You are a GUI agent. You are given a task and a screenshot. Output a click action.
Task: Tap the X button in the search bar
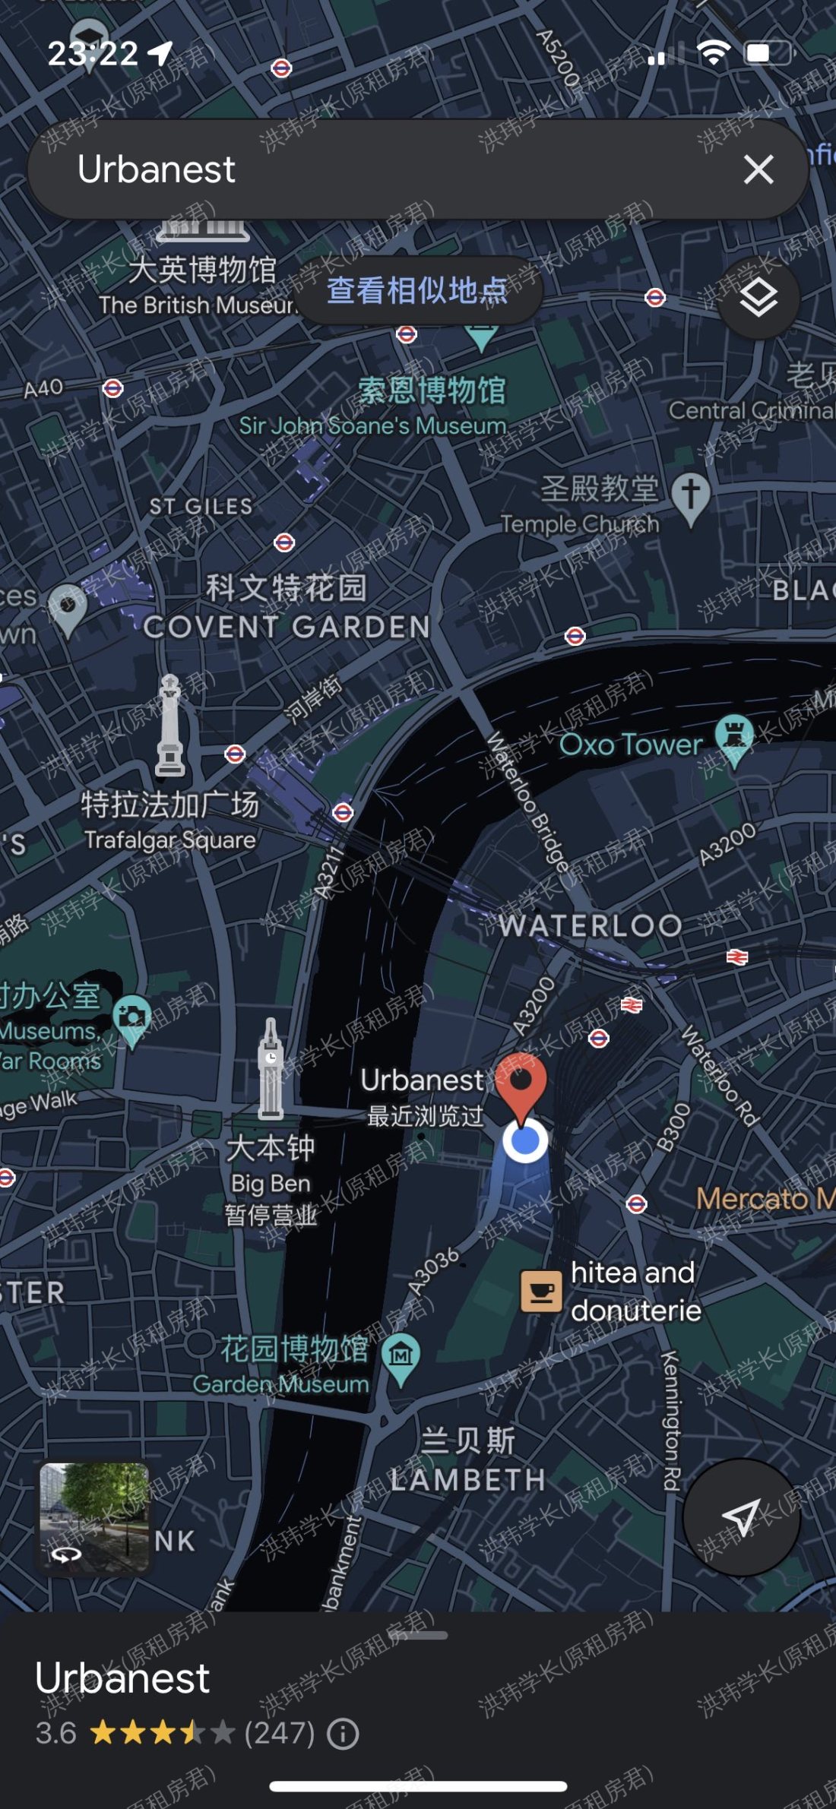[x=758, y=169]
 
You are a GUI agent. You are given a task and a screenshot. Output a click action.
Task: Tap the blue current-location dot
[x=525, y=1140]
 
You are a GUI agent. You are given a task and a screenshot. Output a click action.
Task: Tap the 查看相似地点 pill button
[x=418, y=290]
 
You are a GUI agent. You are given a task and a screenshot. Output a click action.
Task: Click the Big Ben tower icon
[x=271, y=1071]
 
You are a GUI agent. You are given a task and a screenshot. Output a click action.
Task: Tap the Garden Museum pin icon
[x=401, y=1355]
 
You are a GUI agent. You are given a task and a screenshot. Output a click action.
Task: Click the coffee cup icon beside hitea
[x=541, y=1291]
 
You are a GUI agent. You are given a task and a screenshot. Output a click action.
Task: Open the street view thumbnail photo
[x=94, y=1517]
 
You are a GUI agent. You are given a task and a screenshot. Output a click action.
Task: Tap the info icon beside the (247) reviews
[x=343, y=1734]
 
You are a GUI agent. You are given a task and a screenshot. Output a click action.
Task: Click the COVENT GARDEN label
[x=287, y=627]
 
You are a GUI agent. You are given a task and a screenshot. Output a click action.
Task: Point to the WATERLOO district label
[x=591, y=925]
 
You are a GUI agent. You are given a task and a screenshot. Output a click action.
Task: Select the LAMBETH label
[x=468, y=1479]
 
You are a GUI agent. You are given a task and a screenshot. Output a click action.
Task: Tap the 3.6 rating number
[x=56, y=1734]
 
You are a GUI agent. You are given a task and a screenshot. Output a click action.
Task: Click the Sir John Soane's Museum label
[x=372, y=426]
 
